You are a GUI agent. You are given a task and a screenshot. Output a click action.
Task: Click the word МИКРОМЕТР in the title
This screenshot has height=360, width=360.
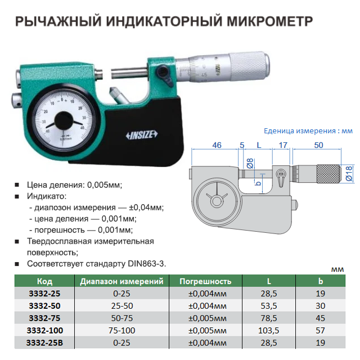pos(270,21)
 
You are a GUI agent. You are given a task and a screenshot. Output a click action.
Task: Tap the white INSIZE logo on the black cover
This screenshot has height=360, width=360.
pos(142,135)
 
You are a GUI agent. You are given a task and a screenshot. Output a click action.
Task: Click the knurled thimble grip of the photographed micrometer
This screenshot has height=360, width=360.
pos(249,66)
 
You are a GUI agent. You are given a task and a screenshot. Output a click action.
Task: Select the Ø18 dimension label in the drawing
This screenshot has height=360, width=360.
pos(349,174)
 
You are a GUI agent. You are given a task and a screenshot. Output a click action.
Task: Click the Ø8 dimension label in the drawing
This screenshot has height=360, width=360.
pos(250,163)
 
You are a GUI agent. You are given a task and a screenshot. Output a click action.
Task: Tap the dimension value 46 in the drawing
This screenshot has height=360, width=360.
pos(217,145)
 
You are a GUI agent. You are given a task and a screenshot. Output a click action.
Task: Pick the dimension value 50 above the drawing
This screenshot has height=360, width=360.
pos(318,145)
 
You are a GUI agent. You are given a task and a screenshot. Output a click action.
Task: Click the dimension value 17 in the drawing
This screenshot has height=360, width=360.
pos(283,145)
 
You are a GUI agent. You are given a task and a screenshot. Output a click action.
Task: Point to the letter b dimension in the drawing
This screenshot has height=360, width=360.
pos(258,183)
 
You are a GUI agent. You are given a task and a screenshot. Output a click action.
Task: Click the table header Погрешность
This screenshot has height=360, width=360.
pos(205,281)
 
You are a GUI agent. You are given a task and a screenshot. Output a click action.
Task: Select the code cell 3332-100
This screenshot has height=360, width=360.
pos(44,330)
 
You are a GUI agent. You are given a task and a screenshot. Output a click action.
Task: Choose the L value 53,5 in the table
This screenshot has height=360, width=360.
pos(269,306)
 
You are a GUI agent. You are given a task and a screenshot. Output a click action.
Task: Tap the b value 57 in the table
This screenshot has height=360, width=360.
pos(320,330)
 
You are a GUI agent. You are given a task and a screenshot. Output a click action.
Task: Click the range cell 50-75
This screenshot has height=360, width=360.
pos(122,318)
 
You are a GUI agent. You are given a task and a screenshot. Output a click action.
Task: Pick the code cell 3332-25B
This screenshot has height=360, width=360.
pos(44,343)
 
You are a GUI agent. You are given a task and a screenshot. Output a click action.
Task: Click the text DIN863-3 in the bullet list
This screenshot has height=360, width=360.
pos(146,264)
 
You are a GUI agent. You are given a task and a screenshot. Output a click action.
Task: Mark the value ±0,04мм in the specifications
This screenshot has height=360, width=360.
pos(146,208)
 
